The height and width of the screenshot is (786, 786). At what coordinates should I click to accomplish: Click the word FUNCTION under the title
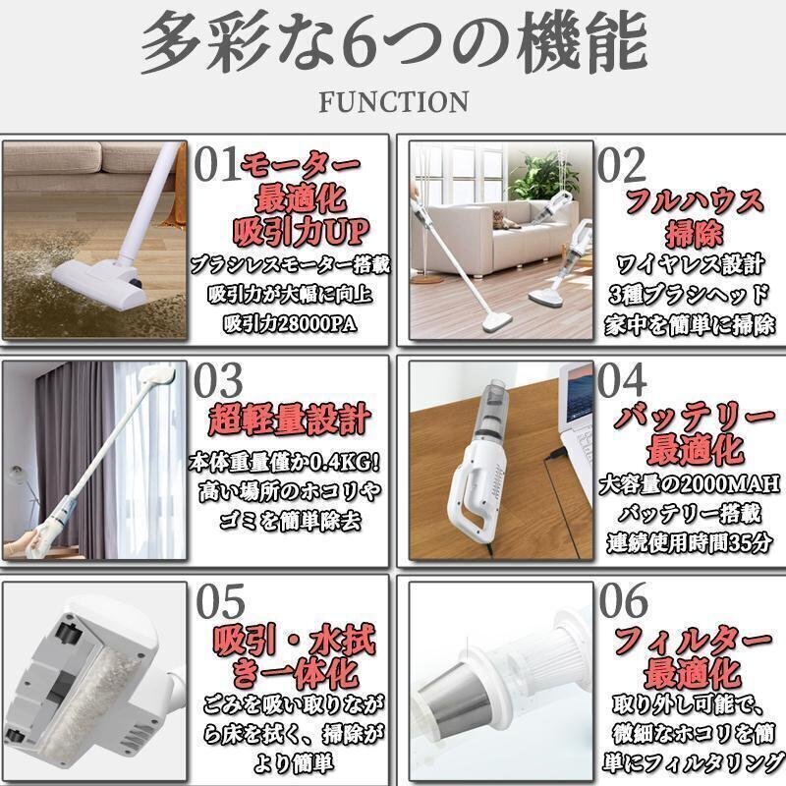394,102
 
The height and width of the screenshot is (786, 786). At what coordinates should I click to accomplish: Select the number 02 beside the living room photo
622,164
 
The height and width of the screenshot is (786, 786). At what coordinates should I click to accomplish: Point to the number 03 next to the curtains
218,380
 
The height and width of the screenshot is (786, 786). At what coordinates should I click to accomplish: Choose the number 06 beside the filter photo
623,600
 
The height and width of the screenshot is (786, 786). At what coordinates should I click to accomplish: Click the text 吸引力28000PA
290,324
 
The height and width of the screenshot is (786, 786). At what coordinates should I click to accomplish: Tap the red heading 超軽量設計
289,421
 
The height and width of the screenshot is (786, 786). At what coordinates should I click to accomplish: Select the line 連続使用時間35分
690,542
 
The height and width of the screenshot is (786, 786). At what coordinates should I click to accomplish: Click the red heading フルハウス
695,201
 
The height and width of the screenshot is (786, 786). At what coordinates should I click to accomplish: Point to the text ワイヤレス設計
691,264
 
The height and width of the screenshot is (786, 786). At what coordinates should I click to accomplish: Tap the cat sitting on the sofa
505,219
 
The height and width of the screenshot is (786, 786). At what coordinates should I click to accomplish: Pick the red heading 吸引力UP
301,232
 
